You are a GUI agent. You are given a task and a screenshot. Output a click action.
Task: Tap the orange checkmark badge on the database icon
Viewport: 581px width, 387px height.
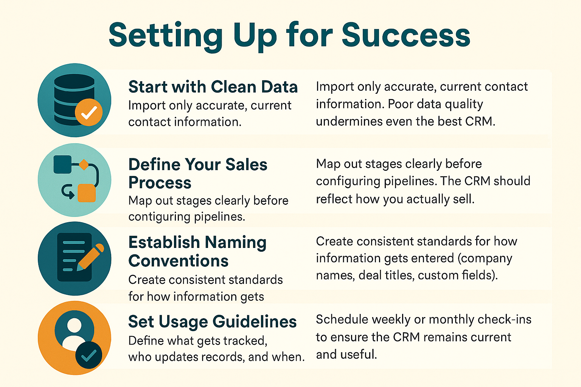click(x=89, y=112)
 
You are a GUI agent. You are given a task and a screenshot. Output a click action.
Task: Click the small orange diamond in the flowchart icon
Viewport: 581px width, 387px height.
click(x=83, y=165)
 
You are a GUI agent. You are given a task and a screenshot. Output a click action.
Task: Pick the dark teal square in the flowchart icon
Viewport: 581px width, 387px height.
click(x=62, y=164)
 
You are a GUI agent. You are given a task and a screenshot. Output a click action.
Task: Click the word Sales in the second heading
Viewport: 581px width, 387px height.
click(x=246, y=165)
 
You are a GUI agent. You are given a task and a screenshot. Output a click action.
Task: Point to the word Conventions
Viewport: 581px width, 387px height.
click(x=178, y=261)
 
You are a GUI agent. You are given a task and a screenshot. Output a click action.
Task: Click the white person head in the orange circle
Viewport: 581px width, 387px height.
click(x=74, y=325)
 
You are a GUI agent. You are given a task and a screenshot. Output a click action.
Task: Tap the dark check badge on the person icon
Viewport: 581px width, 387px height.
click(x=89, y=355)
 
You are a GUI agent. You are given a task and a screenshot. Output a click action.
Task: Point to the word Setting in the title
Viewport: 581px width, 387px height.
click(x=166, y=35)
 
